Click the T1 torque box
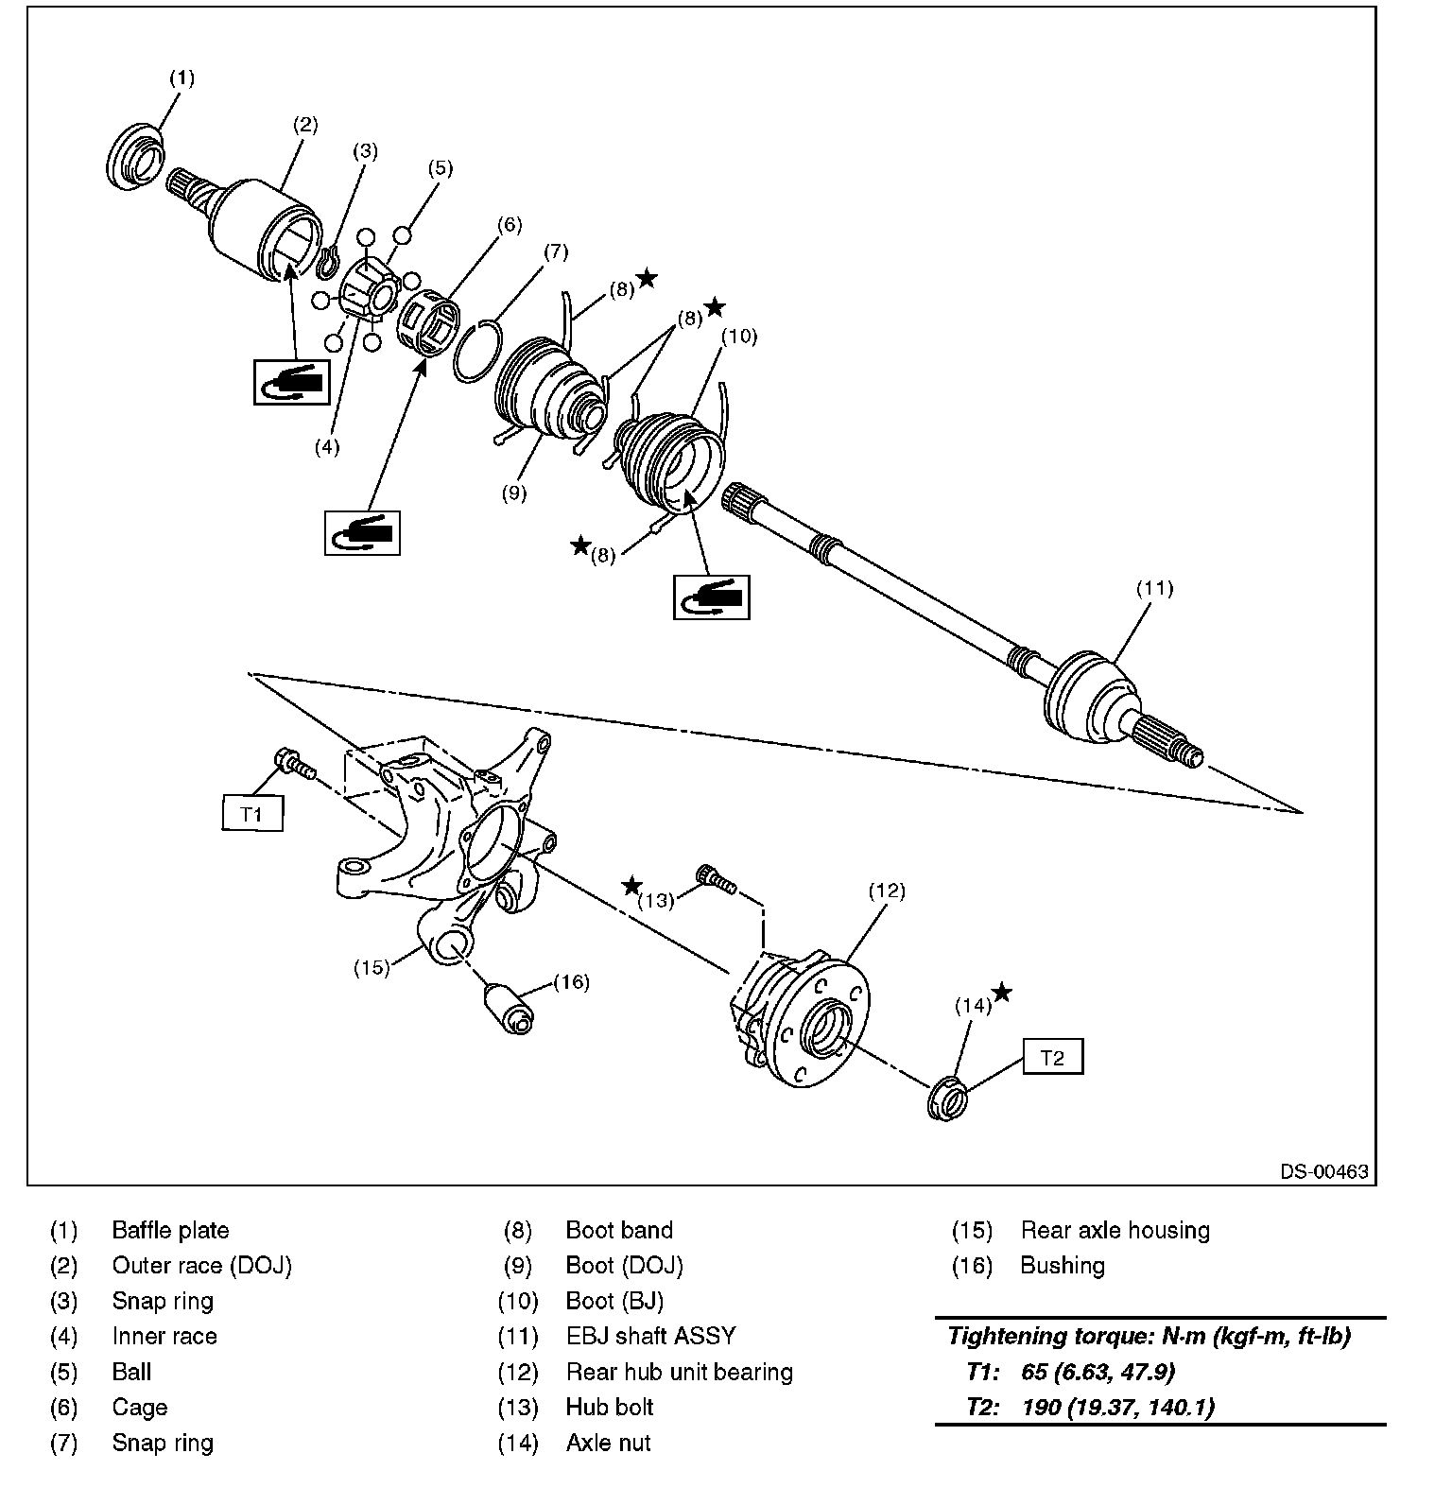point(252,813)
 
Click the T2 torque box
point(1052,1058)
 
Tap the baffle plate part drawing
point(134,157)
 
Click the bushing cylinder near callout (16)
point(511,1009)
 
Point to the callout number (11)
point(1154,588)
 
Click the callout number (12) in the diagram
point(886,890)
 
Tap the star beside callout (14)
point(1002,992)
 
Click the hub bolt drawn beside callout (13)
point(716,880)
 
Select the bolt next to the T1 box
point(293,763)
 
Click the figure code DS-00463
point(1324,1171)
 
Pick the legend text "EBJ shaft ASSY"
point(650,1336)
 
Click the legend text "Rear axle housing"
point(1115,1230)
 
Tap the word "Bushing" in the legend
point(1062,1265)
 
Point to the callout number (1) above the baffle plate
point(181,78)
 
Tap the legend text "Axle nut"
point(608,1443)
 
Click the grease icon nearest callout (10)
point(711,597)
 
